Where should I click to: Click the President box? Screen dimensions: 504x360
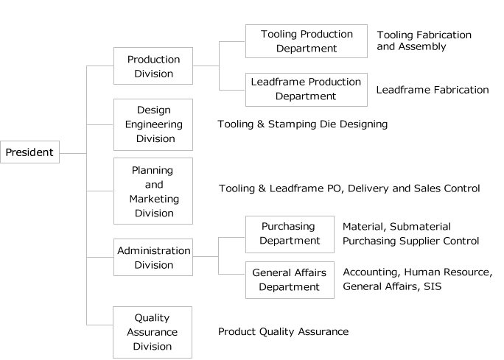pyautogui.click(x=30, y=152)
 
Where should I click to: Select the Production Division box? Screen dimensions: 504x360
pyautogui.click(x=153, y=66)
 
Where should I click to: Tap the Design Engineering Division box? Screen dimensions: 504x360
pyautogui.click(x=153, y=124)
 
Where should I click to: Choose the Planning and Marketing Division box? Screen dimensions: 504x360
pyautogui.click(x=153, y=191)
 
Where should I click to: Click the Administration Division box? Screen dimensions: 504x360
pyautogui.click(x=153, y=257)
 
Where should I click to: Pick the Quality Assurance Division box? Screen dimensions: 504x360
pyautogui.click(x=153, y=332)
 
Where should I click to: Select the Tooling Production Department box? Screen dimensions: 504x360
pyautogui.click(x=307, y=41)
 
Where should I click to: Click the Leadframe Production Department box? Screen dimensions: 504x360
pyautogui.click(x=307, y=90)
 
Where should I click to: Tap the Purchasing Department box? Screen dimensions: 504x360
pyautogui.click(x=290, y=234)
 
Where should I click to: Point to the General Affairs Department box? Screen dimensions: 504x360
pyautogui.click(x=290, y=280)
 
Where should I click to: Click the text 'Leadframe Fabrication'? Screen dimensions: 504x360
pyautogui.click(x=433, y=90)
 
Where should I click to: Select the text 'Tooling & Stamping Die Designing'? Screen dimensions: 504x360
pyautogui.click(x=302, y=124)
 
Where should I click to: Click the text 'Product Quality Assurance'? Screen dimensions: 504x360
pyautogui.click(x=284, y=331)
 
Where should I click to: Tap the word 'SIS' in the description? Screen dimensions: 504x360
pyautogui.click(x=433, y=286)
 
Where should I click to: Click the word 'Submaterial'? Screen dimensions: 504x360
pyautogui.click(x=421, y=227)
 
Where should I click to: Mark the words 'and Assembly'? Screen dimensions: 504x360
pyautogui.click(x=411, y=46)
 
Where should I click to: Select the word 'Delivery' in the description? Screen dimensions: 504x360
pyautogui.click(x=368, y=188)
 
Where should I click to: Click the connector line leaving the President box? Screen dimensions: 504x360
pyautogui.click(x=73, y=154)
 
